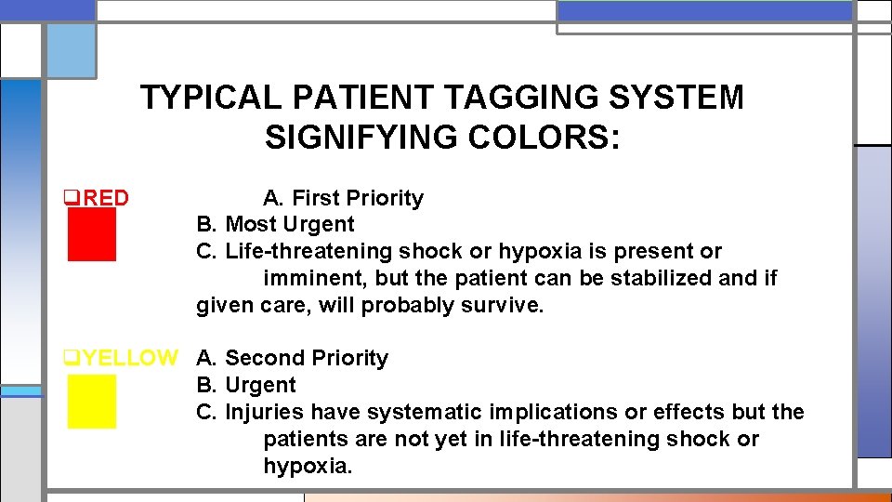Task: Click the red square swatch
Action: (91, 234)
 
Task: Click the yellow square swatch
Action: (91, 401)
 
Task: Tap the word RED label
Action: (102, 198)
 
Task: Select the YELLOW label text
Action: (125, 358)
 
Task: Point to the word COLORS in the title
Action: (540, 138)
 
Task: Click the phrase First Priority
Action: (358, 198)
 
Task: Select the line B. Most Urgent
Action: (275, 224)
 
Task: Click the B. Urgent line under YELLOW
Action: (246, 385)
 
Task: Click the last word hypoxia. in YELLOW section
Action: (308, 466)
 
